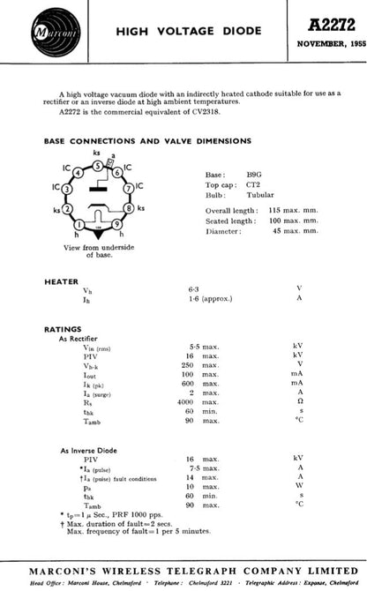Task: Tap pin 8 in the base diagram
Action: tap(130, 209)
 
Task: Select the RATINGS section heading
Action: tap(63, 328)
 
